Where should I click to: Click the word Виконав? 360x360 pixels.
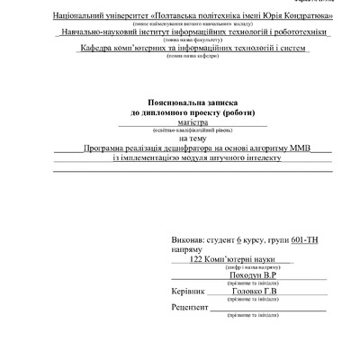click(188, 241)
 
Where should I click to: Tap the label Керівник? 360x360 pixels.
click(188, 292)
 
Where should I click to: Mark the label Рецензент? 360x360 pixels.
click(190, 308)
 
